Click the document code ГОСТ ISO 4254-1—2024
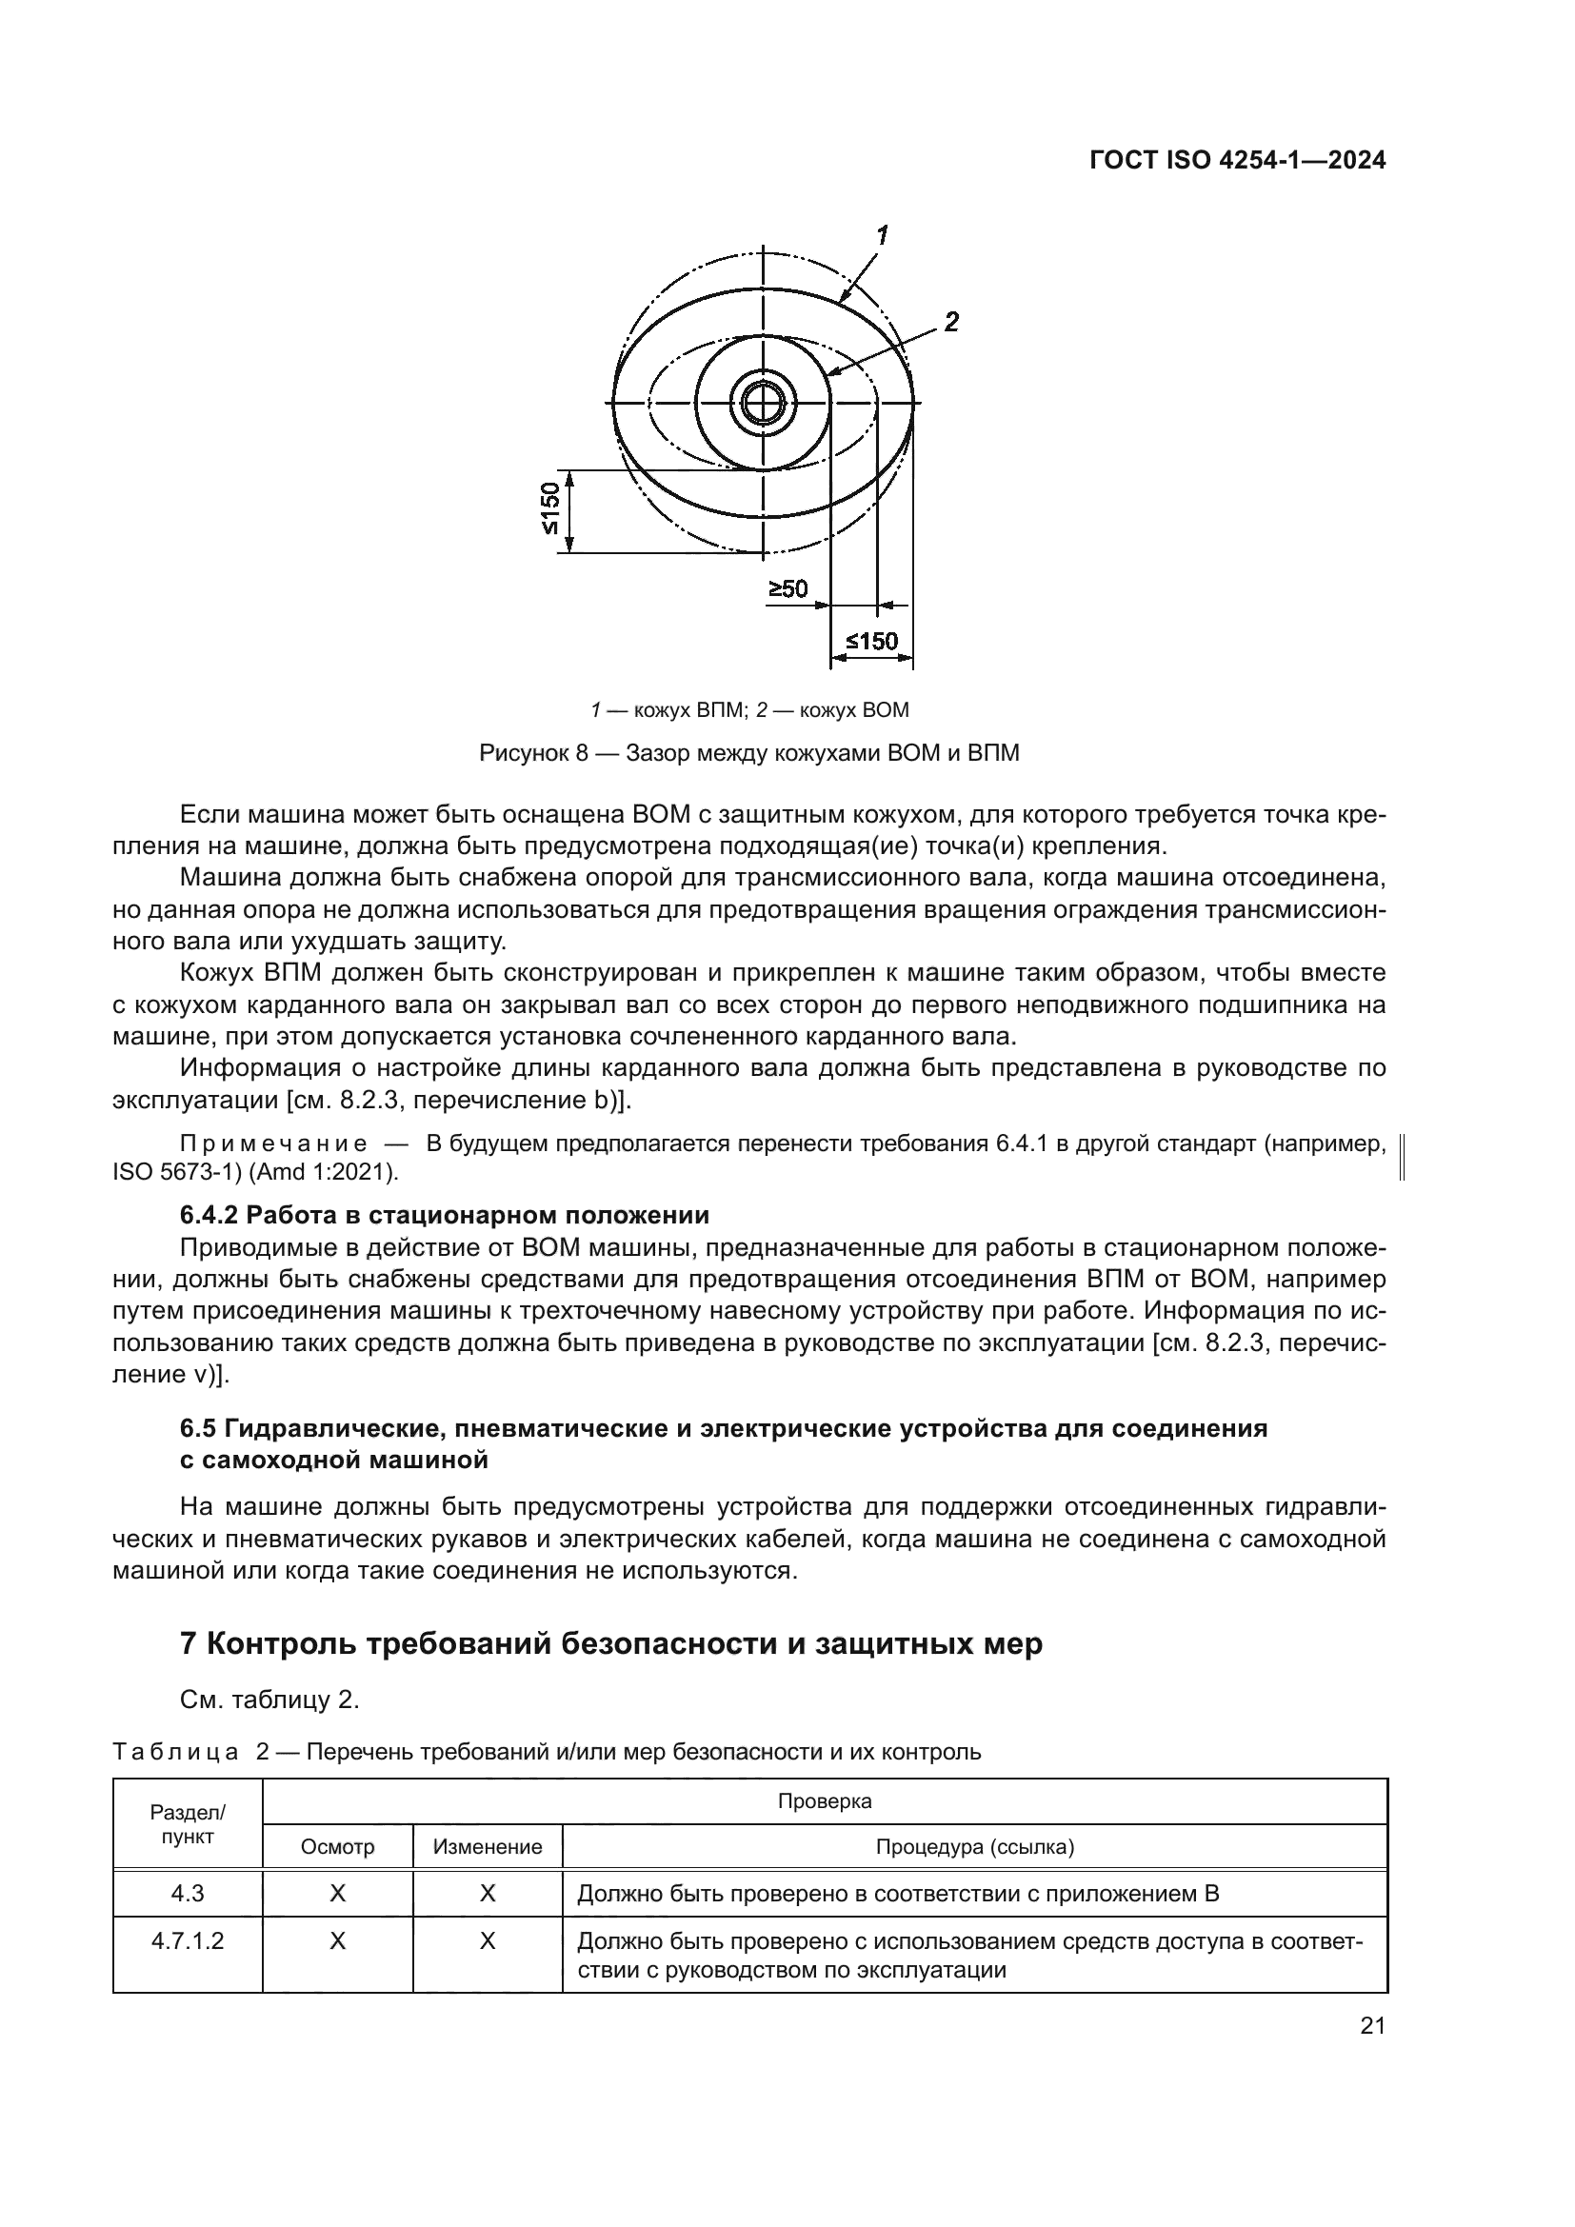[1237, 160]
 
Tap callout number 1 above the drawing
[883, 235]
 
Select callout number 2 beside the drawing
[951, 322]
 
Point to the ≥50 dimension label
[788, 588]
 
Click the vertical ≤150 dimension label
[548, 509]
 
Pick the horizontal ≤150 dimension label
[872, 641]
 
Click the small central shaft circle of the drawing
[765, 403]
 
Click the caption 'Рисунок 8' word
[533, 754]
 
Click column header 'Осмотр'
[337, 1847]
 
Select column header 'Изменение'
[488, 1847]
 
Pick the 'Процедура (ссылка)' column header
[975, 1847]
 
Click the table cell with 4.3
[188, 1894]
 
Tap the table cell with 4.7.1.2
[188, 1941]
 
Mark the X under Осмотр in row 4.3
[337, 1894]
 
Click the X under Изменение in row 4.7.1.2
[488, 1941]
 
